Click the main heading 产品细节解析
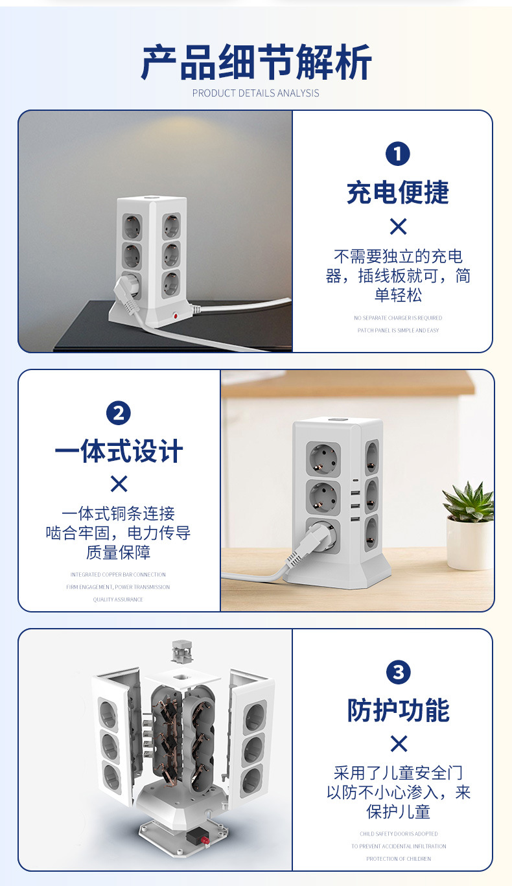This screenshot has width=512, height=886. click(x=256, y=63)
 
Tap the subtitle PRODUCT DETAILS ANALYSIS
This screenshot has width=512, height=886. click(x=256, y=93)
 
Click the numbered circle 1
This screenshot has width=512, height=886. click(x=398, y=154)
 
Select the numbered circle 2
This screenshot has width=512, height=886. click(x=118, y=413)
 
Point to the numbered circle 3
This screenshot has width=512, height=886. click(x=398, y=672)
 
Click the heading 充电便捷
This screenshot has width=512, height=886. click(x=398, y=192)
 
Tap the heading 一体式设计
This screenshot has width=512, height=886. click(x=119, y=451)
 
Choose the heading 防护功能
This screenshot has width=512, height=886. click(x=398, y=710)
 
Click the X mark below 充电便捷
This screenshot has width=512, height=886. click(x=398, y=226)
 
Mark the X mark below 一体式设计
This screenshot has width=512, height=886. click(x=119, y=484)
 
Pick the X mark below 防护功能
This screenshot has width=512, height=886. click(x=398, y=743)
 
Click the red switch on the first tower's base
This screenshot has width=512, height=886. click(x=175, y=316)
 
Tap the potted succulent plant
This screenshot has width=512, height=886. click(x=469, y=525)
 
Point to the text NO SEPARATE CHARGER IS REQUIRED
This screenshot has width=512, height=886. click(x=398, y=318)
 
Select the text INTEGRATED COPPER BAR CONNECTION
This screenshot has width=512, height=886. click(x=118, y=575)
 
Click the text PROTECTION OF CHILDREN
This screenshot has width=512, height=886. click(x=398, y=859)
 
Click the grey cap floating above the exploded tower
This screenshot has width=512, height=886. click(x=183, y=651)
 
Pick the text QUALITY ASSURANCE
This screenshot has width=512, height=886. click(x=118, y=600)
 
